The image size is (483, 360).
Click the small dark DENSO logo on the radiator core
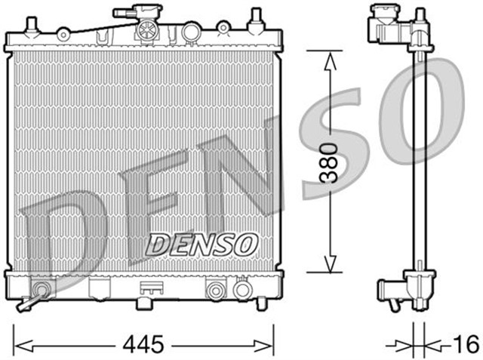(x=202, y=244)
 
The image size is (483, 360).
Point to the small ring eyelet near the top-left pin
(x=63, y=33)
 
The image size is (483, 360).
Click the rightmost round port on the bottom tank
(x=242, y=289)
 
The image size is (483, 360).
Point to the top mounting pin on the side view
(x=420, y=17)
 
